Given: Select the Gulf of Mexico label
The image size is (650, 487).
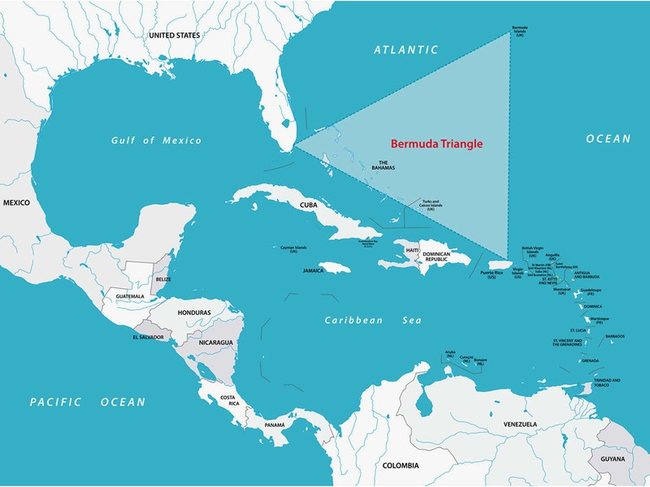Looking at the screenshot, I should [156, 141].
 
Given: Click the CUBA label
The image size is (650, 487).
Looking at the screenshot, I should [308, 205].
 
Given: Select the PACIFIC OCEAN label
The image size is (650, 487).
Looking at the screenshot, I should [88, 402].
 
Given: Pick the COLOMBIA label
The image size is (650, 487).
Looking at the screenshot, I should [401, 465].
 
